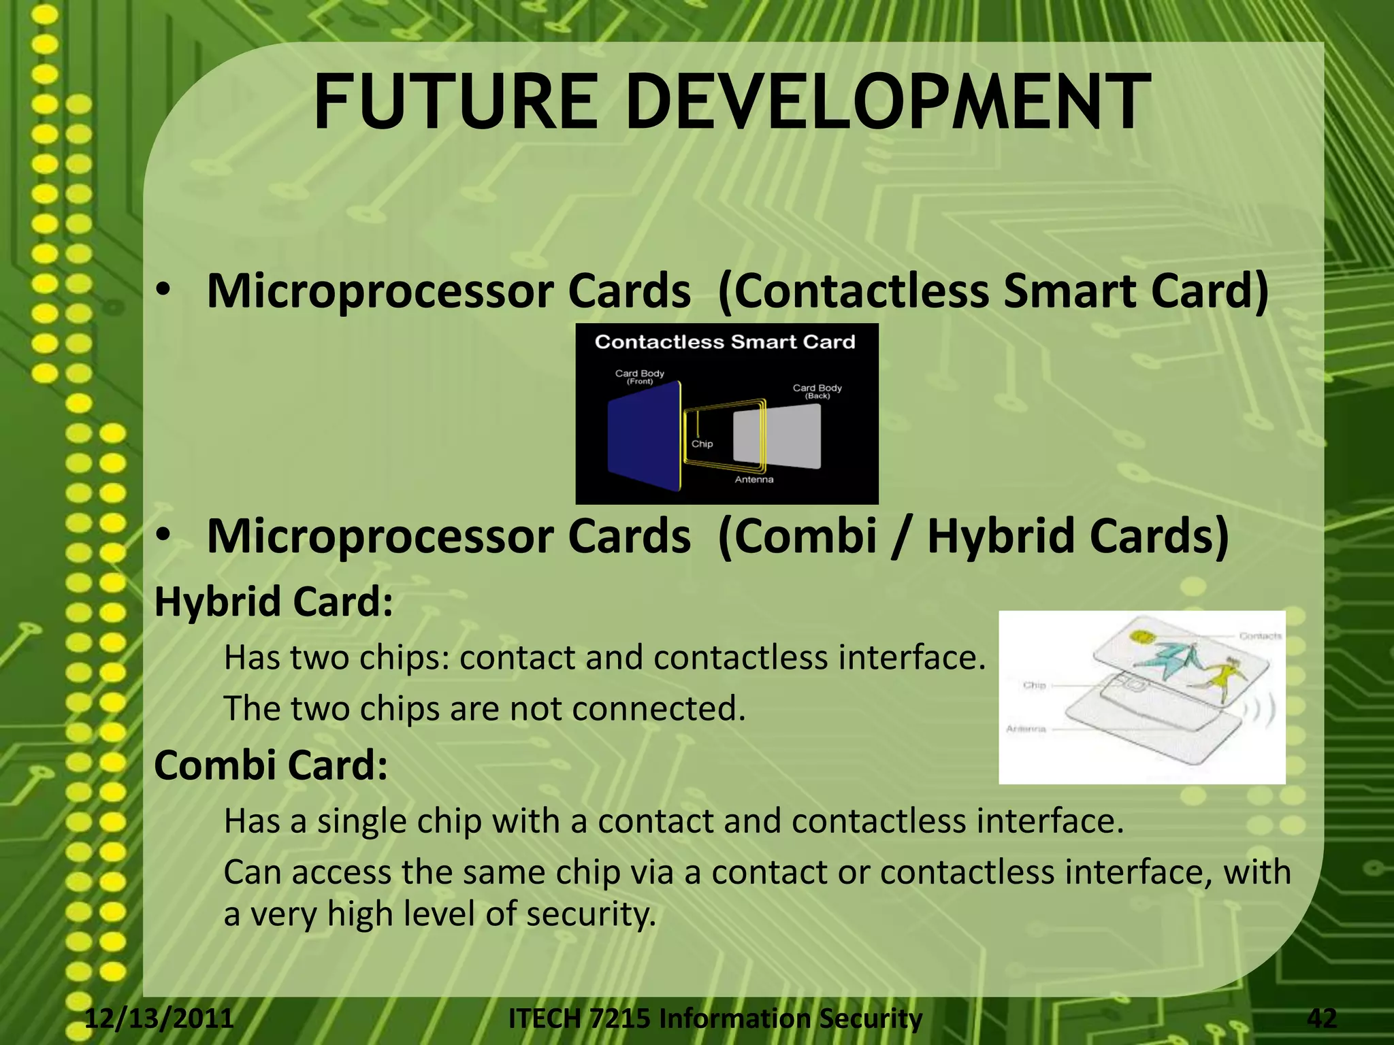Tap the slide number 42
coord(1322,1018)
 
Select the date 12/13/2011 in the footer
coord(159,1018)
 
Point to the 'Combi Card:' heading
coord(271,765)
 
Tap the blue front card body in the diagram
coord(643,435)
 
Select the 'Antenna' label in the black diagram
coord(753,480)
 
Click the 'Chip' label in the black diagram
coord(702,444)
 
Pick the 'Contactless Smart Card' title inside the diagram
coord(725,342)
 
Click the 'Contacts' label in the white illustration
coord(1260,636)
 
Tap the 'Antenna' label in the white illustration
coord(1025,729)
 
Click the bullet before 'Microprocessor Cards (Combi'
coord(162,536)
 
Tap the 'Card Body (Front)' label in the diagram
coord(639,377)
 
